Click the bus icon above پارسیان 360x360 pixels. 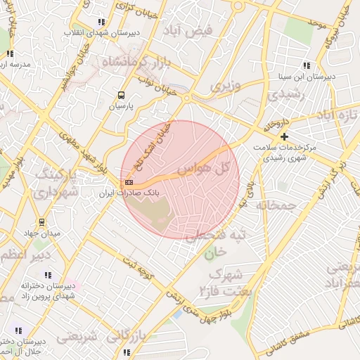click(121, 95)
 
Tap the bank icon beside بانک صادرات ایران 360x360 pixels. click(128, 181)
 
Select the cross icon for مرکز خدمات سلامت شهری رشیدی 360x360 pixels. click(284, 136)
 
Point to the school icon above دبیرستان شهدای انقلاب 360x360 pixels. click(103, 22)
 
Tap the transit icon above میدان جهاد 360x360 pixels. click(41, 221)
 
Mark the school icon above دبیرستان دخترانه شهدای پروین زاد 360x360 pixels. click(48, 275)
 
